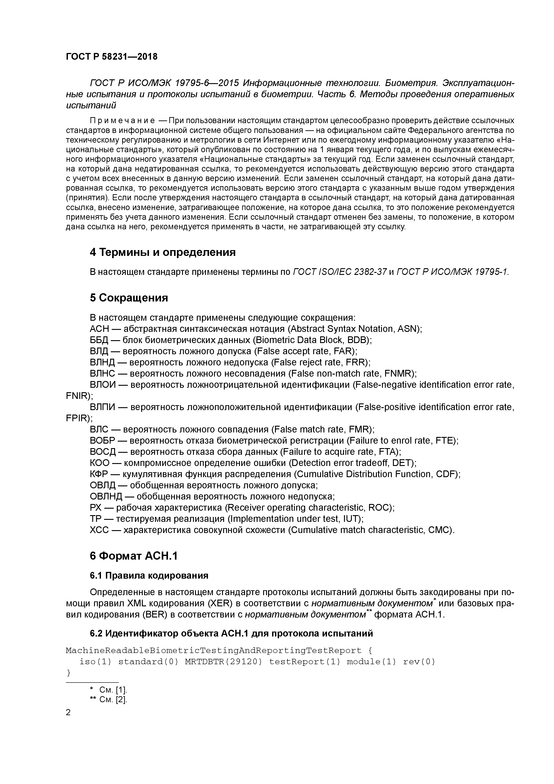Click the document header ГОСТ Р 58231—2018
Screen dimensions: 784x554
point(112,57)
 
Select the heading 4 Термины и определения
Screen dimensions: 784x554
point(162,252)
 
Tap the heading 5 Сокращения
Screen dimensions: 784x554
point(129,298)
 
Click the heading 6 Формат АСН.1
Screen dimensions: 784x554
point(134,556)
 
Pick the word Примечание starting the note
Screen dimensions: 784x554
point(122,121)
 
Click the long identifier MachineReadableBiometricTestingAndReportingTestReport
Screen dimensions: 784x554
point(213,651)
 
